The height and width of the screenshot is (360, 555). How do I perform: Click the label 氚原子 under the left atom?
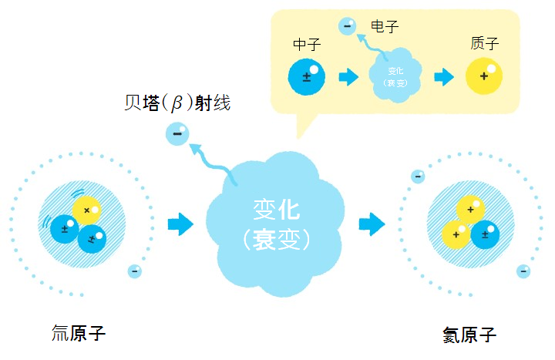(79, 333)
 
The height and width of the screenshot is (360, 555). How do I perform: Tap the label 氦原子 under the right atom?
(469, 335)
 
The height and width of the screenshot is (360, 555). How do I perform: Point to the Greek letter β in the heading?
(177, 103)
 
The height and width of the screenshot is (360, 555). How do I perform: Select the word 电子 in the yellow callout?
(385, 26)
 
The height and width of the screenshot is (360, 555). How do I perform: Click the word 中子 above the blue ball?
(307, 45)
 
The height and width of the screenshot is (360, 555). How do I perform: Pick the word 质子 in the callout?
(485, 43)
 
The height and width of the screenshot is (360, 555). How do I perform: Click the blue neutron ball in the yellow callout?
(307, 77)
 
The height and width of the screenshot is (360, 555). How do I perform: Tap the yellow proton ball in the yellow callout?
(484, 76)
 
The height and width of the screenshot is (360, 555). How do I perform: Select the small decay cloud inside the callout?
(395, 76)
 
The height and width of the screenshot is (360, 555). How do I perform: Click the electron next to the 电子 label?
(347, 26)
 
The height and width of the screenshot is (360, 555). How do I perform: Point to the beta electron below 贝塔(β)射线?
(177, 134)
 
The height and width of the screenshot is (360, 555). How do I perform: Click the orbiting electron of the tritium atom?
(134, 271)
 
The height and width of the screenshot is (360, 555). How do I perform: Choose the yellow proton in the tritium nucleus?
(86, 210)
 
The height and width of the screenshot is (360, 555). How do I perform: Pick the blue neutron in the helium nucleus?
(485, 234)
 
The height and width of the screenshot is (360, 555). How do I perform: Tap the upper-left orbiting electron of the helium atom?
(418, 177)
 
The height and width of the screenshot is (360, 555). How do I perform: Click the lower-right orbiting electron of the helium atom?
(523, 271)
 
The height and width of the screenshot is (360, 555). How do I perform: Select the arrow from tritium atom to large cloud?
(180, 224)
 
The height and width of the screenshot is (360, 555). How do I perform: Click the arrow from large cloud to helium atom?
(372, 224)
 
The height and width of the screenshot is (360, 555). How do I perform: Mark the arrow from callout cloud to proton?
(444, 77)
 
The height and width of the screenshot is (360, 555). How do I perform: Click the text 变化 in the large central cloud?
(277, 209)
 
